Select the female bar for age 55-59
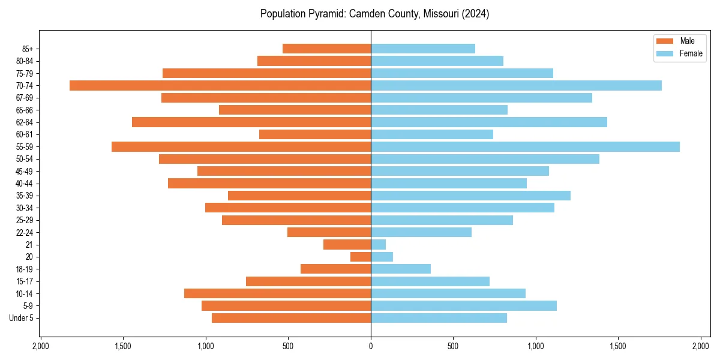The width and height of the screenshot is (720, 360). [x=525, y=146]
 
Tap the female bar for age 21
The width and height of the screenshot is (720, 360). [x=378, y=244]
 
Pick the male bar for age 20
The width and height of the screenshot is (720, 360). [x=361, y=257]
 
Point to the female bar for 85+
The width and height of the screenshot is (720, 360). [x=423, y=49]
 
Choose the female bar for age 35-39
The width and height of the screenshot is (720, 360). [x=470, y=196]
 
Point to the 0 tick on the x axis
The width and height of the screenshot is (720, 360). [x=371, y=346]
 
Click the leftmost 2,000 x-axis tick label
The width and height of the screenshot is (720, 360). [x=40, y=346]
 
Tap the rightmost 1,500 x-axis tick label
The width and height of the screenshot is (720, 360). [x=618, y=346]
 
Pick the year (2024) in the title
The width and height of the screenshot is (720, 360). [x=475, y=14]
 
